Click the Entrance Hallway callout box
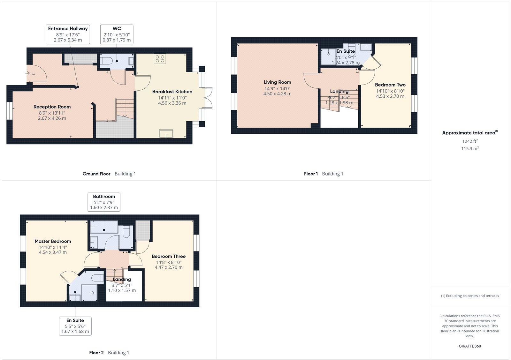[x=68, y=34]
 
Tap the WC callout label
[x=117, y=34]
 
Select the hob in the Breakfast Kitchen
[x=160, y=59]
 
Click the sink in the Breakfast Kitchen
[x=166, y=134]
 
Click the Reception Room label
[x=52, y=107]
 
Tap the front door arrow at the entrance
[x=28, y=74]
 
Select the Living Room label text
[x=277, y=82]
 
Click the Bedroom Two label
[x=390, y=85]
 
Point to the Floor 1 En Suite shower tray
[x=328, y=57]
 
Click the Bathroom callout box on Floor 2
[x=104, y=202]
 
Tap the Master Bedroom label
[x=53, y=242]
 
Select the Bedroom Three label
[x=169, y=256]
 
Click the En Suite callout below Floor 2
[x=75, y=326]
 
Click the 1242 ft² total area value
[x=470, y=141]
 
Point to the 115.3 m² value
[x=470, y=148]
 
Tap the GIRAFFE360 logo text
[x=470, y=346]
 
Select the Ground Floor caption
[x=96, y=174]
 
